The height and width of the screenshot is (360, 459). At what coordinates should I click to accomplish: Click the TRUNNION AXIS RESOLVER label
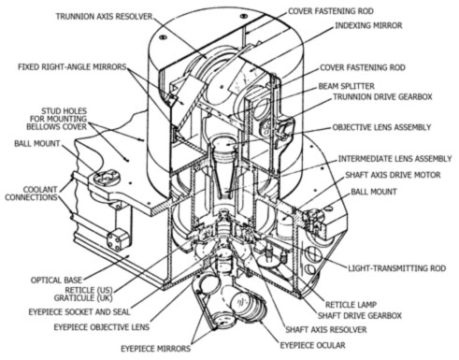pyautogui.click(x=104, y=17)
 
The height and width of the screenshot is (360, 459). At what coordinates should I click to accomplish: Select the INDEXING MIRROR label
pyautogui.click(x=368, y=25)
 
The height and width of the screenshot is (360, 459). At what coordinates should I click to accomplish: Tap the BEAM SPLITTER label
pyautogui.click(x=346, y=86)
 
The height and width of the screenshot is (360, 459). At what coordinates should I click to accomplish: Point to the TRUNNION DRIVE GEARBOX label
pyautogui.click(x=382, y=97)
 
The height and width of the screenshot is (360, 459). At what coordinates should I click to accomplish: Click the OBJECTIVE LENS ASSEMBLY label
pyautogui.click(x=381, y=127)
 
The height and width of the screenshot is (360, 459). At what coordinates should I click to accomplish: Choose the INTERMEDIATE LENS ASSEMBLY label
pyautogui.click(x=394, y=159)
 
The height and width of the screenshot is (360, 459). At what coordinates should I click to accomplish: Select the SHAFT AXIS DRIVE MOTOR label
pyautogui.click(x=393, y=175)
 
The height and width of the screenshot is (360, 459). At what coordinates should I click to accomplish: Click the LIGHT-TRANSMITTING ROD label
pyautogui.click(x=396, y=268)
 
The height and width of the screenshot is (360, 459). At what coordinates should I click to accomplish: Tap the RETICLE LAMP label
pyautogui.click(x=351, y=305)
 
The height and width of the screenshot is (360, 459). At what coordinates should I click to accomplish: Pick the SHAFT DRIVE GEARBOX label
pyautogui.click(x=360, y=316)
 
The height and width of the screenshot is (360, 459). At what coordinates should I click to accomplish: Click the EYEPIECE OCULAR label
pyautogui.click(x=312, y=345)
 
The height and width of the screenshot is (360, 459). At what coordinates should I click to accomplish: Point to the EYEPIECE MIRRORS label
pyautogui.click(x=155, y=349)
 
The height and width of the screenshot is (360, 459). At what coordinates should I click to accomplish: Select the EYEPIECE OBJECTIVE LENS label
pyautogui.click(x=102, y=327)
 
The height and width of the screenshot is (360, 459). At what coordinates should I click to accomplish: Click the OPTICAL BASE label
pyautogui.click(x=56, y=280)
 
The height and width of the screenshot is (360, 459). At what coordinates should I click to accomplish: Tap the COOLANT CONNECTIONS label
pyautogui.click(x=32, y=194)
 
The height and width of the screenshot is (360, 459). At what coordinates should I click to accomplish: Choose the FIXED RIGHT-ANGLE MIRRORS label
pyautogui.click(x=72, y=67)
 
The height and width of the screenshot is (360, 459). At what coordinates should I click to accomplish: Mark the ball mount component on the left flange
pyautogui.click(x=106, y=178)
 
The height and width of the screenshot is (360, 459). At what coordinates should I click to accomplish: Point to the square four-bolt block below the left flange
pyautogui.click(x=118, y=240)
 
